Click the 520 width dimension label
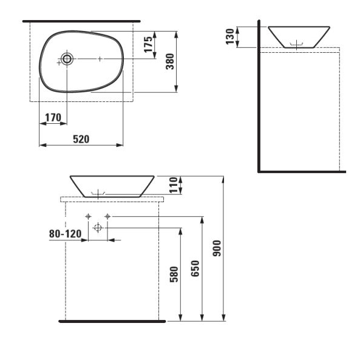(81, 139)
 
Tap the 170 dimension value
(53, 118)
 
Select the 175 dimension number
(148, 44)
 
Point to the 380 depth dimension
(170, 61)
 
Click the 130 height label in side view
(230, 36)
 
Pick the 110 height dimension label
(174, 185)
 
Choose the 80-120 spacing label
(65, 234)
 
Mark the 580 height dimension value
(174, 274)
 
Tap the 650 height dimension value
(195, 268)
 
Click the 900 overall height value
(217, 248)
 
